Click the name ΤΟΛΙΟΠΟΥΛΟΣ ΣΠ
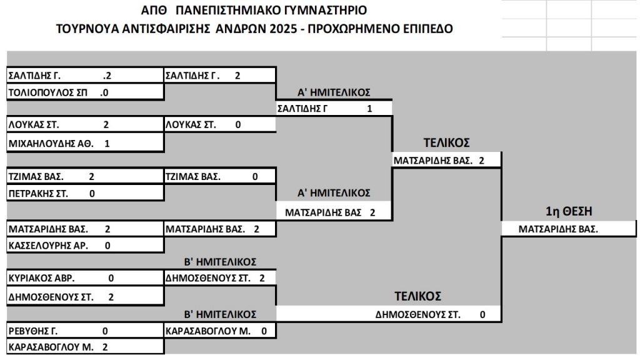click(47, 92)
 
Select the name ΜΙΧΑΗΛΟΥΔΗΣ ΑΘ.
click(51, 144)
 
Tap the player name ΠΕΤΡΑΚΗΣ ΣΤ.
click(38, 194)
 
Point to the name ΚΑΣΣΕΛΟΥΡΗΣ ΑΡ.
click(48, 246)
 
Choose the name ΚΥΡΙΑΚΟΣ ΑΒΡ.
click(42, 278)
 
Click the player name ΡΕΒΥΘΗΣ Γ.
click(33, 331)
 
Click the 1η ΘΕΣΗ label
click(569, 211)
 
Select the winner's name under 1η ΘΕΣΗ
click(558, 229)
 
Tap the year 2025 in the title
click(283, 29)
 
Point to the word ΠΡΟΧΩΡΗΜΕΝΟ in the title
click(353, 29)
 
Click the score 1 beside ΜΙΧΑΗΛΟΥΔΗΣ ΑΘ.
click(107, 144)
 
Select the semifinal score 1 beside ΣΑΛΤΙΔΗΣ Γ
click(369, 109)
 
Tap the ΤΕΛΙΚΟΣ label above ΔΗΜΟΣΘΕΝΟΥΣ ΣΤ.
click(417, 296)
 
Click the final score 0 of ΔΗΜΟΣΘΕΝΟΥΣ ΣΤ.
click(482, 315)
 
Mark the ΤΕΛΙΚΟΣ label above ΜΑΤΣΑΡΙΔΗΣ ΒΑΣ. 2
click(446, 143)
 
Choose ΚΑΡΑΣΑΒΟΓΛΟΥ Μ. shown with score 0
click(207, 331)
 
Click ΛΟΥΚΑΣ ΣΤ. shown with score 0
click(191, 125)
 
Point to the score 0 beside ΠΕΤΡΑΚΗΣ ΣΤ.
click(92, 194)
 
